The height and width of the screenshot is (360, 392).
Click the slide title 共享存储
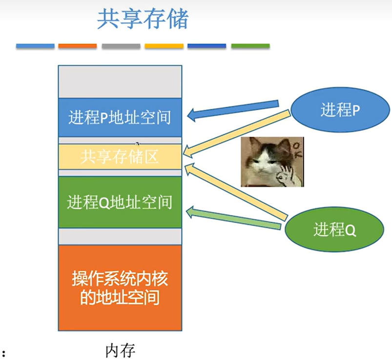point(143,20)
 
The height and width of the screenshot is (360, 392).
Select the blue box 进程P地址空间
point(120,118)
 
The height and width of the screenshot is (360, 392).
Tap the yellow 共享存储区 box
point(120,157)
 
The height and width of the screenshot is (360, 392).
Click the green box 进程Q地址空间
point(120,202)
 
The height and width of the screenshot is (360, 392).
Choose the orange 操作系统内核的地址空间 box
point(120,287)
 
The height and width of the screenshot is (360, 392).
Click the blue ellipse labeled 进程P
point(340,111)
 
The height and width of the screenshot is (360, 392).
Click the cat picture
point(272,161)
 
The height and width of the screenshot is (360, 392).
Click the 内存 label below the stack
point(120,350)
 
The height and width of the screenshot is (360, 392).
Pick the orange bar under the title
point(77,46)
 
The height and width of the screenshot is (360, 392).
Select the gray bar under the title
point(121,46)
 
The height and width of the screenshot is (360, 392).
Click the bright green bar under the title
point(250,46)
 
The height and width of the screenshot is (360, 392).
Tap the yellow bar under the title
point(164,46)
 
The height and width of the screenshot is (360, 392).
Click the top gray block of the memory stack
point(120,81)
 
